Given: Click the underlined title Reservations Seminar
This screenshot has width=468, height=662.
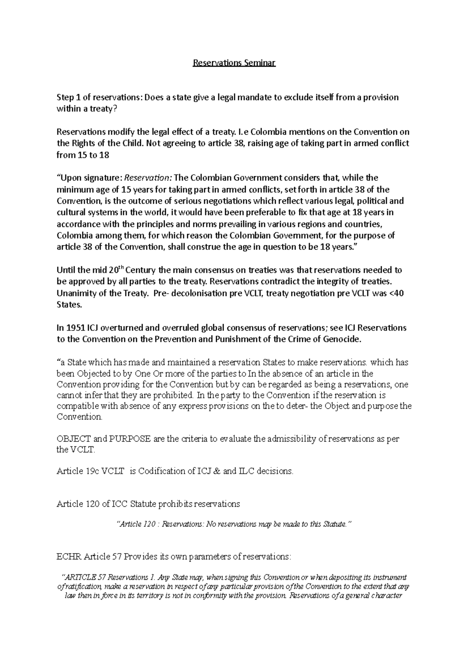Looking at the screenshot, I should click(234, 63).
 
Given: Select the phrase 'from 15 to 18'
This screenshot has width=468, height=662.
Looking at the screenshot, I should click(83, 155).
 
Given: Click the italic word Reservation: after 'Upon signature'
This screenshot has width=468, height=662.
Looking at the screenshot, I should click(148, 178).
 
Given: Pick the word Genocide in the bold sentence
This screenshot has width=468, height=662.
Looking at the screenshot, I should click(342, 339).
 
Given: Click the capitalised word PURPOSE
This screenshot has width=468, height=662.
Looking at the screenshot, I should click(131, 439).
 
